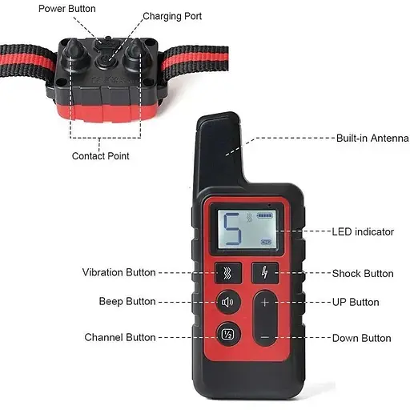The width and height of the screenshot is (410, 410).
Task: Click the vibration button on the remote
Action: click(x=228, y=273)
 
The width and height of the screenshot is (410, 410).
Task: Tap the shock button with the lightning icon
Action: click(x=265, y=273)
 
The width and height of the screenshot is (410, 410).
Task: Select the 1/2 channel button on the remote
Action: click(x=228, y=334)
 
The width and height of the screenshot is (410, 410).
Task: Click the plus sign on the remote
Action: click(x=265, y=303)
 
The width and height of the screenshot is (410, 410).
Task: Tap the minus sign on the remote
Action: click(x=265, y=338)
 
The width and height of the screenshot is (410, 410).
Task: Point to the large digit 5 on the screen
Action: click(x=232, y=229)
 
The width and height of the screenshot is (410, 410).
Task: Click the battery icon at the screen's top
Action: click(x=265, y=215)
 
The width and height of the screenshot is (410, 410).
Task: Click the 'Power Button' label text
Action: click(x=67, y=9)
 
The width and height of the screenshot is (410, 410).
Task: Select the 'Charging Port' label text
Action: click(x=172, y=16)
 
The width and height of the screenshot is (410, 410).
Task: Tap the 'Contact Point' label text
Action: click(x=100, y=156)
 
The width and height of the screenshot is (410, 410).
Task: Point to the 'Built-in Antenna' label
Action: click(x=372, y=138)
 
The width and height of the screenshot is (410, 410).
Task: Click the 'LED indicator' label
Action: click(x=363, y=231)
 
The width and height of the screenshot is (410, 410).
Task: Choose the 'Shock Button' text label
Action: click(x=363, y=274)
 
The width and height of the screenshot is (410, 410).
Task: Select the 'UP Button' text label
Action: click(x=356, y=302)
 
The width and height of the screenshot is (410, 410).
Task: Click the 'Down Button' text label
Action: click(x=362, y=338)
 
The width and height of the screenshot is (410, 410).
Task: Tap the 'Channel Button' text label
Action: click(x=120, y=337)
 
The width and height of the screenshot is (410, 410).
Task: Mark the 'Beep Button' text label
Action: click(x=127, y=301)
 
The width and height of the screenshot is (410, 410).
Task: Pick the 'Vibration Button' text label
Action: click(x=119, y=272)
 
